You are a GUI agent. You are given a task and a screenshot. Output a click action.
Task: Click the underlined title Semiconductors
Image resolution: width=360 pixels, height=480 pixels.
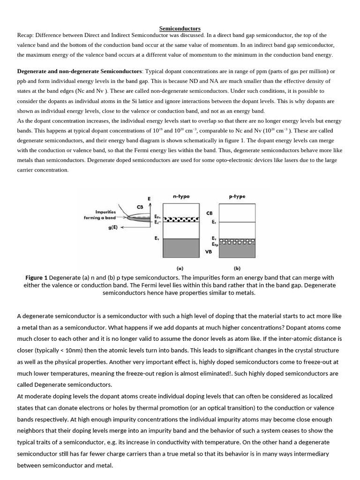[180, 29]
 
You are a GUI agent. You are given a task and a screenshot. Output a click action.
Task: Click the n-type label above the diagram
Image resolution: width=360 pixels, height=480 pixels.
[181, 197]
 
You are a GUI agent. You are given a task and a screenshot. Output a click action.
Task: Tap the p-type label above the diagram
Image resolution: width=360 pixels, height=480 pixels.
[237, 197]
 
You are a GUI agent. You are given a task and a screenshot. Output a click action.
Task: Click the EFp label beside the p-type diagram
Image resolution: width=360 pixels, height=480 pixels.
[214, 244]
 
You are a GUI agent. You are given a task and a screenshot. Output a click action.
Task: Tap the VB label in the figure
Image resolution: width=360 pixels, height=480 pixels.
[209, 252]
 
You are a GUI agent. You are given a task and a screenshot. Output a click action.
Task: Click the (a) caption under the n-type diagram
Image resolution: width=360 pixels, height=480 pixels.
[180, 269]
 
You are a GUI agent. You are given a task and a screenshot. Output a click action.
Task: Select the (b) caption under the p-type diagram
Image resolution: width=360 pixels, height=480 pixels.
[237, 269]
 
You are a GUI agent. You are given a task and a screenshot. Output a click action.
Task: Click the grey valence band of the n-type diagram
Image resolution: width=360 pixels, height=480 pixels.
[180, 248]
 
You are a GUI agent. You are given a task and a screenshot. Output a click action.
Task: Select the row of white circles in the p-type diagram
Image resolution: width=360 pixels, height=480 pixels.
[237, 242]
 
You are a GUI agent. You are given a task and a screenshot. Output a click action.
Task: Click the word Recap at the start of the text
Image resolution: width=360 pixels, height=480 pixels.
[25, 35]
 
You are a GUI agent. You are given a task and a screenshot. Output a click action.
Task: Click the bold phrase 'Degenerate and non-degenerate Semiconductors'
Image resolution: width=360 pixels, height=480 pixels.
[79, 71]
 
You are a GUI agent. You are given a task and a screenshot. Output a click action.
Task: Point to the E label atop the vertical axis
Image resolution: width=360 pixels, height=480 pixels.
[150, 199]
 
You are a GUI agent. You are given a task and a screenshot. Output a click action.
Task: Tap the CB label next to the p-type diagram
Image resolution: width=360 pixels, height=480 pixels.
[209, 213]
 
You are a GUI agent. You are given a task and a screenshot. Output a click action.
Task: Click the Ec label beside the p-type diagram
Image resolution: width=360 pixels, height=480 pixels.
[214, 222]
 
